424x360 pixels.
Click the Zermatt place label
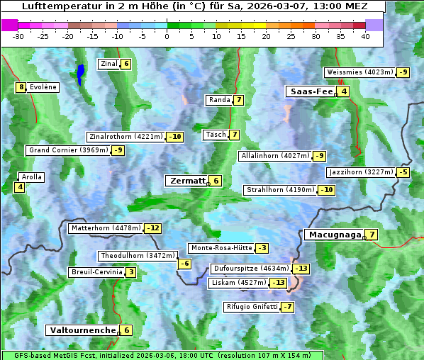click(x=186, y=181)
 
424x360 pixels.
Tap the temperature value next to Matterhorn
click(x=152, y=228)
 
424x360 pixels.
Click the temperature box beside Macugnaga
click(x=372, y=235)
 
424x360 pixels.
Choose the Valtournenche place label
click(x=82, y=330)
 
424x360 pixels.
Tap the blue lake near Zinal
click(x=81, y=73)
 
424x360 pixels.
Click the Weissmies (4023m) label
click(x=359, y=72)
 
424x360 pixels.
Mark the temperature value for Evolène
click(x=21, y=87)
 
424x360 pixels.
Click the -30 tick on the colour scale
click(x=18, y=35)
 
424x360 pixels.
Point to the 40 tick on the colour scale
click(x=365, y=35)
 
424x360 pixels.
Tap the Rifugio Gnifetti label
click(x=252, y=307)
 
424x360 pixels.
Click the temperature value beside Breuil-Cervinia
click(x=131, y=272)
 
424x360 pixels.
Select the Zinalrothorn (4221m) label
click(x=125, y=137)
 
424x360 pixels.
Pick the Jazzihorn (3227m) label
click(x=361, y=172)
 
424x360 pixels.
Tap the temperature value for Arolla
click(x=19, y=187)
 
